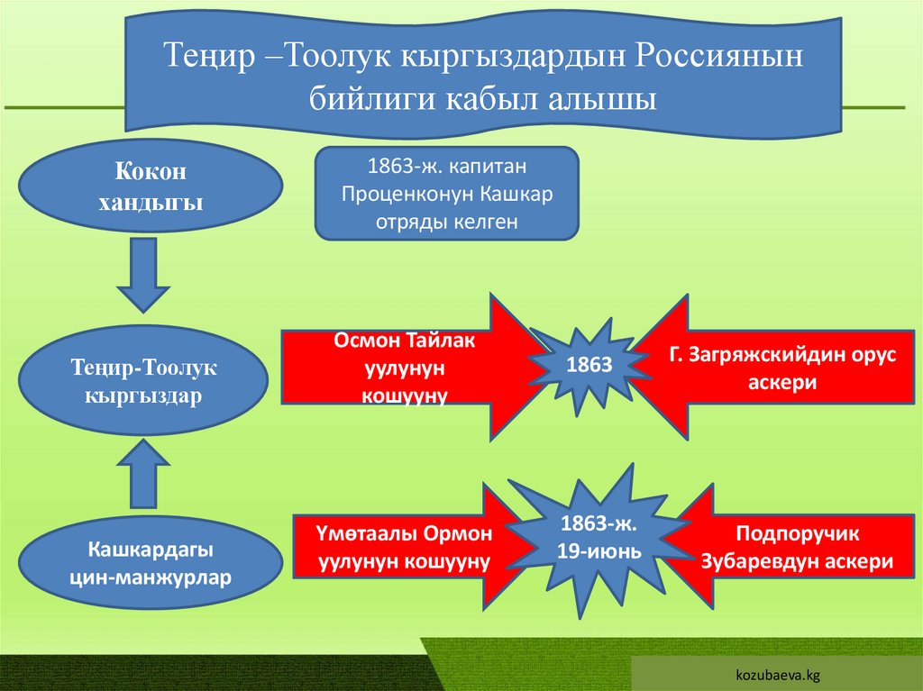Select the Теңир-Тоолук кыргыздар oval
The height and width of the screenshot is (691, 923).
144,381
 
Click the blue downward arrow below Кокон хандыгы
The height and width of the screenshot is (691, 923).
143,274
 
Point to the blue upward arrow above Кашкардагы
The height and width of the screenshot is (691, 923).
143,473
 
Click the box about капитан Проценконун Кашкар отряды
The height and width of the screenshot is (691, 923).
445,194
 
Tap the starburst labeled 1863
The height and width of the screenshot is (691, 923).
589,364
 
